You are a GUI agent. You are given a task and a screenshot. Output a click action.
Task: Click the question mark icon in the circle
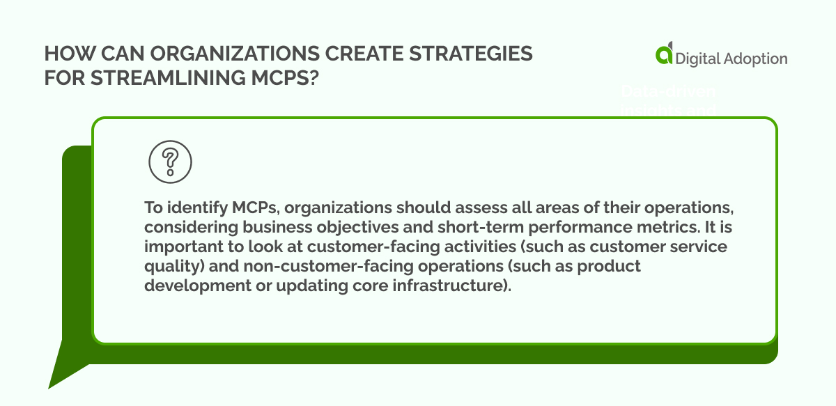[x=170, y=163]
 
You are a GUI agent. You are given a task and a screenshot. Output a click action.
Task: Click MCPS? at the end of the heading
[x=281, y=77]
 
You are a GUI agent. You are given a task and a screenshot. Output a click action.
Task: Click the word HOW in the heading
[x=64, y=54]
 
